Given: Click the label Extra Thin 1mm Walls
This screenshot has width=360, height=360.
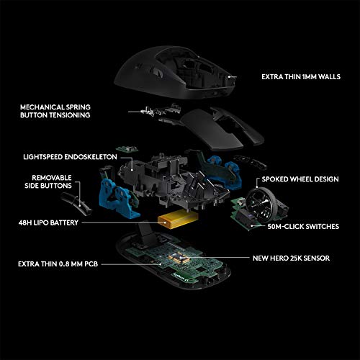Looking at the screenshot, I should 300,75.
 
